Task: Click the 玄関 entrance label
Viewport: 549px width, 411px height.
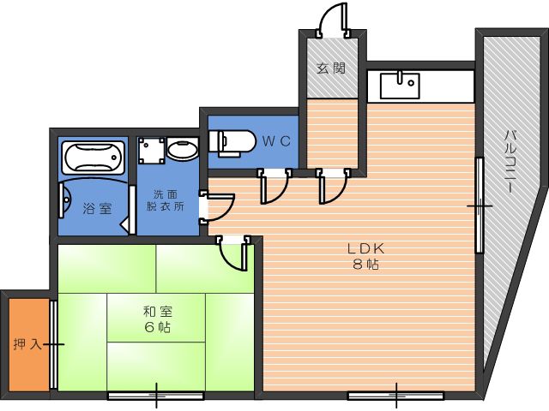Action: click(x=331, y=68)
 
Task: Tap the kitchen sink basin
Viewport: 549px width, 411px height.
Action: click(x=400, y=86)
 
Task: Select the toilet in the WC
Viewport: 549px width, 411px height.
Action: click(x=231, y=143)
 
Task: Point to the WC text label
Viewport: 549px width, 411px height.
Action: click(x=276, y=141)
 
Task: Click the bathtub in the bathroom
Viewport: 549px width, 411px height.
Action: click(x=93, y=158)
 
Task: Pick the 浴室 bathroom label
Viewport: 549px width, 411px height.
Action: click(x=97, y=209)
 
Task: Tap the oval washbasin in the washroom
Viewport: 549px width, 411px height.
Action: click(x=182, y=148)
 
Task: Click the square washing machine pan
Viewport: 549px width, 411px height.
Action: click(x=151, y=151)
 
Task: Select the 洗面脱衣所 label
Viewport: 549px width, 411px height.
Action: click(x=165, y=200)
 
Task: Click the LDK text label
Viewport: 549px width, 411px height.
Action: click(x=366, y=248)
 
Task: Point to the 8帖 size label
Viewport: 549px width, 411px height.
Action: click(x=366, y=265)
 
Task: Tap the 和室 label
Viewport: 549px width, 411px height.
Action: click(x=158, y=311)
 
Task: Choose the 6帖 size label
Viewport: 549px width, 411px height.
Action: click(x=158, y=327)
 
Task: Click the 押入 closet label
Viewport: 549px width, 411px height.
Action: click(x=27, y=344)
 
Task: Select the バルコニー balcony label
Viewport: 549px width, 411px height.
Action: click(x=510, y=161)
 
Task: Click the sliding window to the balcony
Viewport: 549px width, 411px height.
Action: click(x=480, y=205)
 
